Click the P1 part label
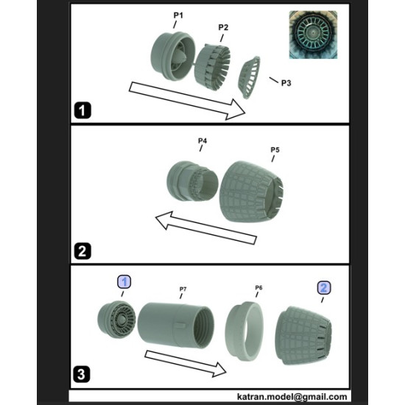coord(178,15)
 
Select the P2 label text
coord(223,27)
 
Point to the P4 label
coord(202,140)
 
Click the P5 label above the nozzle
coord(274,149)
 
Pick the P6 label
coord(258,287)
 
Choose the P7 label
coord(183,289)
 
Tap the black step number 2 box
coord(83,250)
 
